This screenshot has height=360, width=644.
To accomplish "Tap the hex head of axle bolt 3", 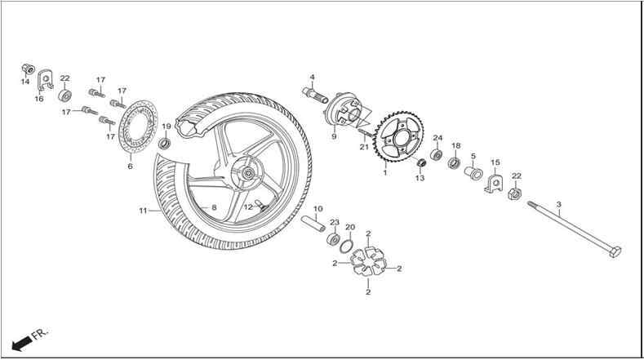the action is pos(615,251).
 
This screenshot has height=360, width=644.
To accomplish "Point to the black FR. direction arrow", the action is pos(21,344).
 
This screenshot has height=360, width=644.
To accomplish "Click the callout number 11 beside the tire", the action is pos(143,211).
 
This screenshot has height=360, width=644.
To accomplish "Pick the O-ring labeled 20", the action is pos(346,247).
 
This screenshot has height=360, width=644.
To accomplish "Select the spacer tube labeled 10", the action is pos(313,224).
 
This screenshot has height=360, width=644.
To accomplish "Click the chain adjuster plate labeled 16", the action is pos(44,81).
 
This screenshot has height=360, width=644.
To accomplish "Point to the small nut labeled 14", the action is pos(28,69).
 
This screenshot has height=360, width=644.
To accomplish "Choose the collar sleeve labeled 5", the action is pos(473,171).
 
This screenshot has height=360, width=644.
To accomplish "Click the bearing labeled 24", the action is pos(436,155).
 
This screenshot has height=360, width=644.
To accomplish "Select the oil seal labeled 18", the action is pos(454,162).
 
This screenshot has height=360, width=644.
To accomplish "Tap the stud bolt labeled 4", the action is pos(315,96).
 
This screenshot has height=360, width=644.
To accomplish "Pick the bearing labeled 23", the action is pos(333,239).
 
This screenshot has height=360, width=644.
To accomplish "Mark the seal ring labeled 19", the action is pos(165,144).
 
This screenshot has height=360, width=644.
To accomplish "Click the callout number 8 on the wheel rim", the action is pos(214,207).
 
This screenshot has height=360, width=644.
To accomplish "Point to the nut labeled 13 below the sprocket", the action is pos(421,162).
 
